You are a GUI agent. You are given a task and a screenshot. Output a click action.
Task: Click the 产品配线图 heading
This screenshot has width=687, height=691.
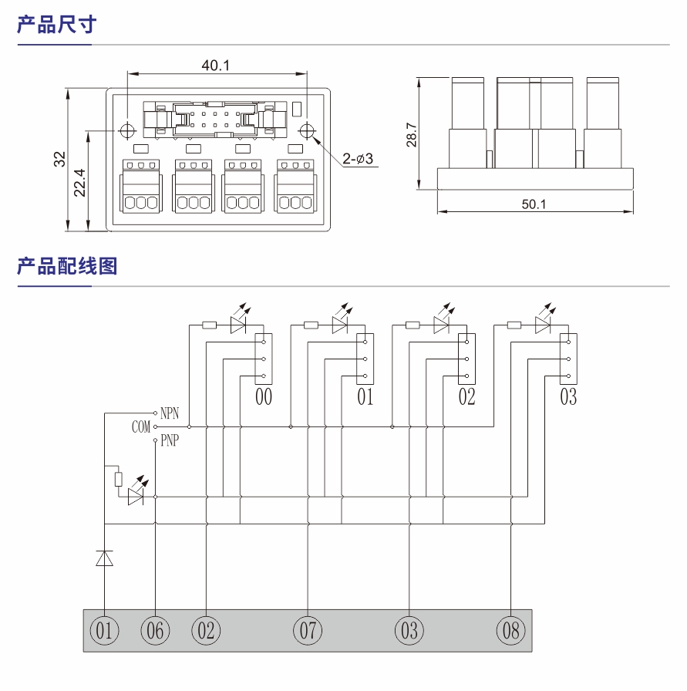[67, 266]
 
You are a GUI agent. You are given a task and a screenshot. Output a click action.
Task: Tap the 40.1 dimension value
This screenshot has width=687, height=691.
[216, 66]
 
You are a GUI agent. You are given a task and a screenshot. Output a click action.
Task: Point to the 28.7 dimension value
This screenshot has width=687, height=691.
[411, 134]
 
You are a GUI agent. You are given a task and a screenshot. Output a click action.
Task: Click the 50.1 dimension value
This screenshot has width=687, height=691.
[534, 204]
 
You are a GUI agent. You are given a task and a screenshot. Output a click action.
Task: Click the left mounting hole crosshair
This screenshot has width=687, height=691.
[127, 130]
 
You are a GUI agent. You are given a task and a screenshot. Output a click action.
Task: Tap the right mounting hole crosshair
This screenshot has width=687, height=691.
[307, 130]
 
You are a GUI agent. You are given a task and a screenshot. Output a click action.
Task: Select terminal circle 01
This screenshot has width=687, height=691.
[105, 631]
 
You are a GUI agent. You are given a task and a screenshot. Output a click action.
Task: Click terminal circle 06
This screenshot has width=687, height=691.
[156, 631]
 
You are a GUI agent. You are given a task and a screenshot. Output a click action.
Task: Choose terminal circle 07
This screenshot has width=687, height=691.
[308, 631]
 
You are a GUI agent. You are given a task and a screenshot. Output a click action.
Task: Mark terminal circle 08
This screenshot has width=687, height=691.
[510, 631]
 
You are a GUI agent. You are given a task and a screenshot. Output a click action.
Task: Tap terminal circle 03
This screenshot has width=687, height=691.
[409, 631]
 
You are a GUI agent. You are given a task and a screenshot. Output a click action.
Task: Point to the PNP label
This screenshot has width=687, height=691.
[170, 442]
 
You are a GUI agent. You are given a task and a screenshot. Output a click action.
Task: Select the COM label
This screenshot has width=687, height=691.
[141, 427]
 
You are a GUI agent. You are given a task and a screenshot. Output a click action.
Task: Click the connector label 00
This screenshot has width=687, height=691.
[264, 397]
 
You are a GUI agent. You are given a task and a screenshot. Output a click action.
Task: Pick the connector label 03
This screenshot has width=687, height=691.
[568, 397]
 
